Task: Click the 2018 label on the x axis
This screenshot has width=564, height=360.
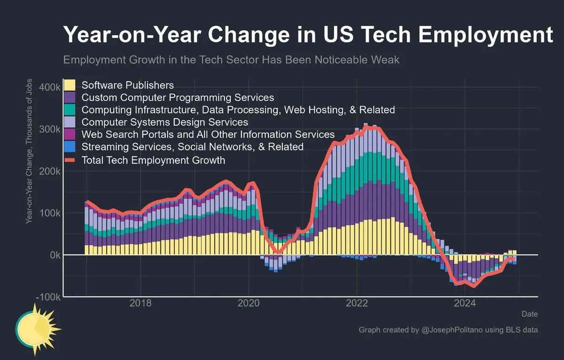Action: click(x=140, y=304)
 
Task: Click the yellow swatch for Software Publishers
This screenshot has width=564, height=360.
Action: click(x=70, y=85)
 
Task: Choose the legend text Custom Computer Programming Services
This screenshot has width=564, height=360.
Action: click(x=178, y=98)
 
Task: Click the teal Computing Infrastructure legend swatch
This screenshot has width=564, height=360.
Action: click(x=70, y=110)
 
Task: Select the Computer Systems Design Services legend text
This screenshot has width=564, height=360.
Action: click(x=164, y=122)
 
